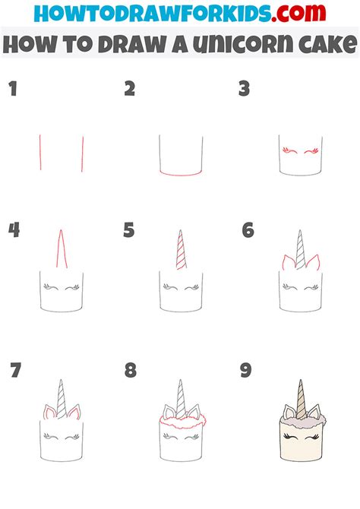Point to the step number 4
tap(14, 230)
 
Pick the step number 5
tap(129, 230)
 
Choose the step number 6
tap(248, 230)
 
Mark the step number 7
tap(15, 371)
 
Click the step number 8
tap(131, 371)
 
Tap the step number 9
tap(246, 371)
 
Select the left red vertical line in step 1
tap(40, 153)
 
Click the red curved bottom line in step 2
tap(180, 175)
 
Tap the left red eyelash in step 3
tap(286, 152)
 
